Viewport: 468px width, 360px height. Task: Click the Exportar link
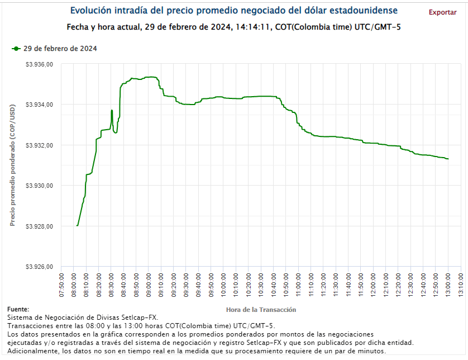[x=442, y=12]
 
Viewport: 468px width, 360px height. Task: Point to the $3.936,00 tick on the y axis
[x=39, y=64]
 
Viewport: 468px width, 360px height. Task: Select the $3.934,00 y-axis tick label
[x=39, y=105]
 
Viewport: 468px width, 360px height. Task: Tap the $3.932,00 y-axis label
[x=39, y=145]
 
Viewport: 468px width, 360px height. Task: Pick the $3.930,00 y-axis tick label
[x=39, y=186]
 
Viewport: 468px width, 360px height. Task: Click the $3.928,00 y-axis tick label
[x=39, y=226]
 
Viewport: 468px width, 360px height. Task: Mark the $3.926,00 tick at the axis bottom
[x=39, y=267]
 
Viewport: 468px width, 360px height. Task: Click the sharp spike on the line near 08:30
[x=112, y=111]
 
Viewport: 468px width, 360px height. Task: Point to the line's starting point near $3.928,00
[x=77, y=225]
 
